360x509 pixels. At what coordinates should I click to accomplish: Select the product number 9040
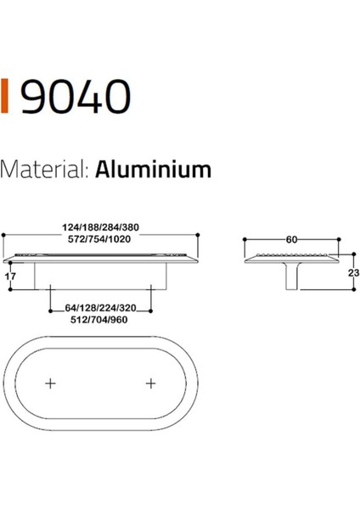tap(75, 97)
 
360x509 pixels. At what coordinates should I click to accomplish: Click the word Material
tap(43, 170)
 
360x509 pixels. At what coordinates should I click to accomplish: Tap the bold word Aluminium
tap(154, 170)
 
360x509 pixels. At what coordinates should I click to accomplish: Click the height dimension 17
tap(10, 276)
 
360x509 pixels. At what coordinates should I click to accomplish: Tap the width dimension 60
tap(291, 239)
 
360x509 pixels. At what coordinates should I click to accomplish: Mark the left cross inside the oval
tap(51, 383)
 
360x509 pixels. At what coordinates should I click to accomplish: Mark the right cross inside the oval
tap(152, 383)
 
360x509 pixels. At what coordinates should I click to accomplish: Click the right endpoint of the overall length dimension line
tap(199, 234)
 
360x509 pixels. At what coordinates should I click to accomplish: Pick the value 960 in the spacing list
tap(127, 322)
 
